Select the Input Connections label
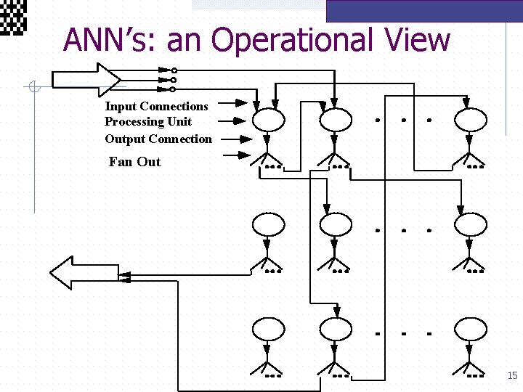pyautogui.click(x=156, y=106)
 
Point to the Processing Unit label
pyautogui.click(x=148, y=121)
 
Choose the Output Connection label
pyautogui.click(x=158, y=139)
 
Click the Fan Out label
pyautogui.click(x=134, y=161)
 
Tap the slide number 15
pyautogui.click(x=512, y=375)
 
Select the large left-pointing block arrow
pyautogui.click(x=82, y=272)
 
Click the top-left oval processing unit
pyautogui.click(x=268, y=118)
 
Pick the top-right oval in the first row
pyautogui.click(x=471, y=118)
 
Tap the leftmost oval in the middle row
pyautogui.click(x=268, y=224)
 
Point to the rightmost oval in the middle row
pyautogui.click(x=471, y=224)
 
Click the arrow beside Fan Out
pyautogui.click(x=235, y=155)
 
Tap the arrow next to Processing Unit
pyautogui.click(x=234, y=121)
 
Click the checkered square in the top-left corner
pyautogui.click(x=13, y=16)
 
